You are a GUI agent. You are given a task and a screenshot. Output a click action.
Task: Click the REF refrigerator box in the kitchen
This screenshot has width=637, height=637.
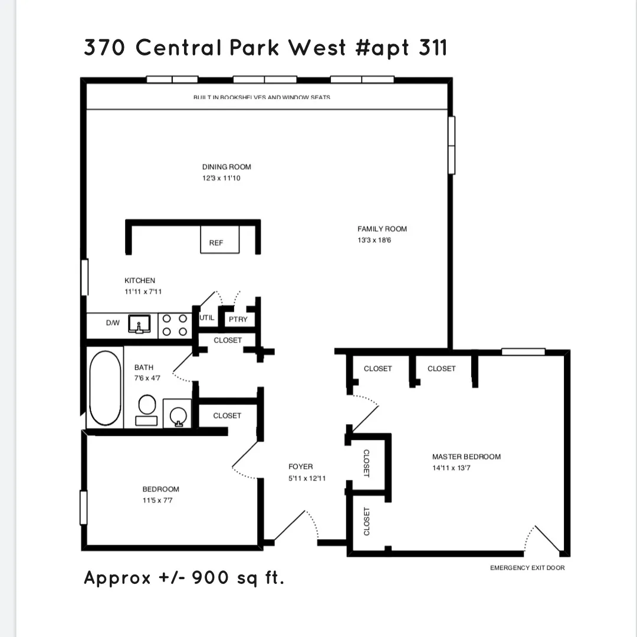[220, 239]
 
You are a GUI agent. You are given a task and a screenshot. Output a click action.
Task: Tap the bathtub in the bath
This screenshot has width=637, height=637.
[104, 388]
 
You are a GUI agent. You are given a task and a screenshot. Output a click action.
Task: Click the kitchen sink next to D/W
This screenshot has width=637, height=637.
[140, 324]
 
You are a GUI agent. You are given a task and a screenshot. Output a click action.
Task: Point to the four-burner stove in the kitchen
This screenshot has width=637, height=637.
[175, 325]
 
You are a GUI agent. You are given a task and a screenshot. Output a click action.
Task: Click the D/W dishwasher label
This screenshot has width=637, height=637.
[112, 323]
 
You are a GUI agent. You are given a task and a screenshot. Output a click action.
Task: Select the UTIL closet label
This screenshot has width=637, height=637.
[207, 317]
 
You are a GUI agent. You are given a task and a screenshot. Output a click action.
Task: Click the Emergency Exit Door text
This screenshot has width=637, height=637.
[527, 568]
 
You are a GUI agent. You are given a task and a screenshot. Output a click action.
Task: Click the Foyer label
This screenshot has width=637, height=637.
[301, 467]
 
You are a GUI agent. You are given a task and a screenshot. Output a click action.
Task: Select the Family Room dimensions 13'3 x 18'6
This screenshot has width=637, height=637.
[374, 241]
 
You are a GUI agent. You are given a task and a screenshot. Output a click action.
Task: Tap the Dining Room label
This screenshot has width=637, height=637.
[226, 167]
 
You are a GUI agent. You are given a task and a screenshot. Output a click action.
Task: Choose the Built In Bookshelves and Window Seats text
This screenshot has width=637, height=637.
[261, 97]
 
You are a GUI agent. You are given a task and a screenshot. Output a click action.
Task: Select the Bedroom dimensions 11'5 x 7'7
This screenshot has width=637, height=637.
[157, 500]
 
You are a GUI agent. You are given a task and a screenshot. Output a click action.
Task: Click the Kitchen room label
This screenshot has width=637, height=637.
[140, 281]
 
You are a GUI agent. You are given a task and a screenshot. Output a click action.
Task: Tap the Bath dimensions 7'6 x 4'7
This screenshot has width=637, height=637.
[143, 378]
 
